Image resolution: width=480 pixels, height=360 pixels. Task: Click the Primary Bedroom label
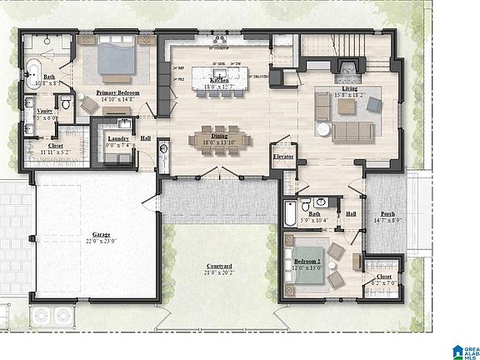117,92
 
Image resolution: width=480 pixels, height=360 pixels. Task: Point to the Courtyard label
220,267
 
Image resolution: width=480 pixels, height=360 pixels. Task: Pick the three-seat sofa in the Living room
351,131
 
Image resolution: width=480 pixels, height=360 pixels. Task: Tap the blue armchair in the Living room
375,103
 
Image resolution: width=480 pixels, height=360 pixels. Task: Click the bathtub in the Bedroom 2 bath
288,214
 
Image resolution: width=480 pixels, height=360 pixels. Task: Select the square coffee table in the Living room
349,104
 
